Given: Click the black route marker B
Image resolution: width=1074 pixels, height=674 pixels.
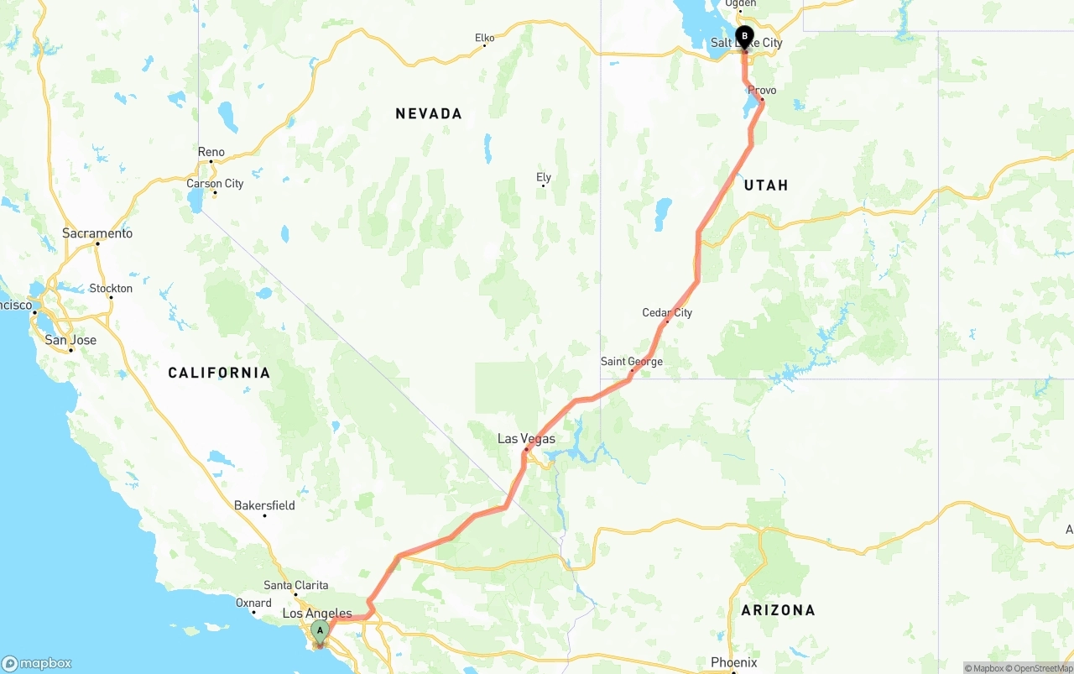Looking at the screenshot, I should click(744, 36).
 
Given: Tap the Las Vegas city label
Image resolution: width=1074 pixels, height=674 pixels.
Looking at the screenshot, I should click(526, 438).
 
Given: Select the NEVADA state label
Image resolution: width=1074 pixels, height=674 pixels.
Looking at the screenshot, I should click(429, 113).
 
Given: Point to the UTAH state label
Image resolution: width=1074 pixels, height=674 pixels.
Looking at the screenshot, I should click(766, 185).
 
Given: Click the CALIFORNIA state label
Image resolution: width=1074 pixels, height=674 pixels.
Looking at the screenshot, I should click(219, 373).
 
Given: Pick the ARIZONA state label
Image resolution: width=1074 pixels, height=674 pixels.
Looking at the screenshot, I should click(778, 610).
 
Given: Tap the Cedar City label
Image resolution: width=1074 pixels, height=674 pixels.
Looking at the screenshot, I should click(667, 313).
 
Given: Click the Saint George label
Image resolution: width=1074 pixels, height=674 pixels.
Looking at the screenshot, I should click(631, 362).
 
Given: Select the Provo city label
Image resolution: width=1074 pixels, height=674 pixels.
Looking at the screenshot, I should click(762, 90).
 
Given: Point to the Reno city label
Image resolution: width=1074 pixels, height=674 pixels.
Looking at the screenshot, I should click(211, 152).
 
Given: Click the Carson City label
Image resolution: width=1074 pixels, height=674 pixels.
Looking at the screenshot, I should click(215, 184).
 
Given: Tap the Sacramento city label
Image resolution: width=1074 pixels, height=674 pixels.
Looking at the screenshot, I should click(97, 233).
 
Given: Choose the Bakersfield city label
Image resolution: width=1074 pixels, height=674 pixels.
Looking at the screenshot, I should click(264, 505).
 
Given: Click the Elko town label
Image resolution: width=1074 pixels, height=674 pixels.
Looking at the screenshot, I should click(484, 38).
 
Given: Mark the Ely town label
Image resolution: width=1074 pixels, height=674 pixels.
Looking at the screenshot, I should click(544, 177).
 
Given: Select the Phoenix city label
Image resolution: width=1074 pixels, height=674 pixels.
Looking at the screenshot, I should click(733, 662).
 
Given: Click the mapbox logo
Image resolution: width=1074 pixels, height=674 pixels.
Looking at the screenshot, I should click(37, 663).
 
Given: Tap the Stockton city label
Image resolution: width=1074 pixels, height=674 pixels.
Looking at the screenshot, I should click(111, 288).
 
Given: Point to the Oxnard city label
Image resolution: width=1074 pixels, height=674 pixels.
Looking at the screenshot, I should click(253, 603).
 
